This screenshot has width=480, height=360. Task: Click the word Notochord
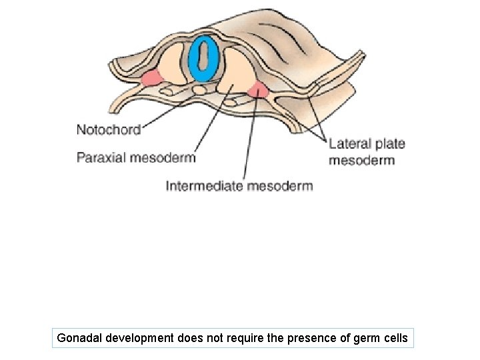point(109,129)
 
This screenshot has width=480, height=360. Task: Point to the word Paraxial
point(101,158)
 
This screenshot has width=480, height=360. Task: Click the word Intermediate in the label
point(203,186)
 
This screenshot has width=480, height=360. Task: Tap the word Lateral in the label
point(349,143)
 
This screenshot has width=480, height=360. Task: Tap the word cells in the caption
point(394,338)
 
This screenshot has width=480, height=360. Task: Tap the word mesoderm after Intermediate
point(280,186)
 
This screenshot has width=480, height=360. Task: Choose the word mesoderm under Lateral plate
point(362,160)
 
